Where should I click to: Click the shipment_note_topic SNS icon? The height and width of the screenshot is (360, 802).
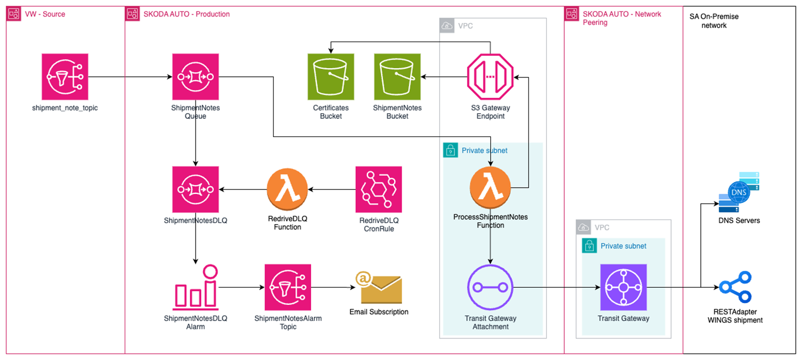coord(65,77)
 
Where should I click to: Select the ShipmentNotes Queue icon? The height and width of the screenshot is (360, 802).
coord(196,77)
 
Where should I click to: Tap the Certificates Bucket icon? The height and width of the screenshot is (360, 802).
coord(331,77)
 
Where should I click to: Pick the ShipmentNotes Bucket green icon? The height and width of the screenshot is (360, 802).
coord(398,77)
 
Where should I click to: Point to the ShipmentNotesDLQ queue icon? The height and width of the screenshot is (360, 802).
coord(196,189)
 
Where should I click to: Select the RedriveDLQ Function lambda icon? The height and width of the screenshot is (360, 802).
coord(287,189)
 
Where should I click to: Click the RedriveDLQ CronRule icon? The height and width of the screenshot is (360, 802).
coord(378,189)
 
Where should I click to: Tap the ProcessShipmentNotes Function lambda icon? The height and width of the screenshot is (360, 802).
coord(490,188)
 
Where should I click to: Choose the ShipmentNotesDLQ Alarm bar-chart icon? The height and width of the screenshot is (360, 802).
coord(196,287)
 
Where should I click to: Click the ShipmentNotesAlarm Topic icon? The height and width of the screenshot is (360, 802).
coord(288,287)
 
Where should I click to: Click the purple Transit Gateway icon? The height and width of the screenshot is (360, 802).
coord(623,287)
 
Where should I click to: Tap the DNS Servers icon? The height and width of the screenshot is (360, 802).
coord(739,192)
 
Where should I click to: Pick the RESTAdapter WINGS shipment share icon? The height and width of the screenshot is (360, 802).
coord(735,287)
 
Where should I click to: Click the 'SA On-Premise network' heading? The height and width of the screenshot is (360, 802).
coord(714,20)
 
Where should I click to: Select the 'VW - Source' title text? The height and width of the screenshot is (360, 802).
coord(45,14)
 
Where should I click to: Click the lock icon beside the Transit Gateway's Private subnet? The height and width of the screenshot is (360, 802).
coord(589,246)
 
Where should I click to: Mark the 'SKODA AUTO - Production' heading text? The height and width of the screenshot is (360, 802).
coord(187,14)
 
